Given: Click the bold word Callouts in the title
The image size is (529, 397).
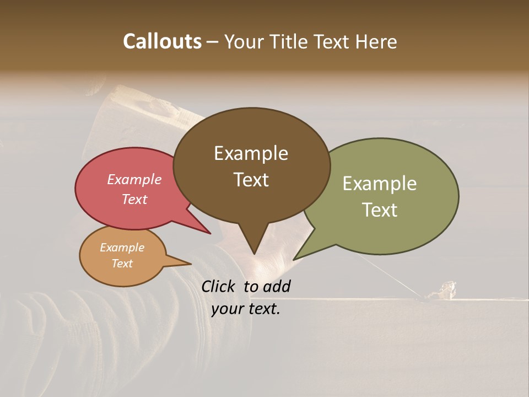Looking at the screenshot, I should (x=162, y=41).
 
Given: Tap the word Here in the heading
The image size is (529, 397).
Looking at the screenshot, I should (x=377, y=41).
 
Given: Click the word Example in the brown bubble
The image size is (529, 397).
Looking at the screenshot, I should (x=251, y=153).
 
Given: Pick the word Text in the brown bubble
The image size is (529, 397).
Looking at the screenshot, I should (x=251, y=179).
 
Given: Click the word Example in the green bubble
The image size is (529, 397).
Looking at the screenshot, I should (x=379, y=184).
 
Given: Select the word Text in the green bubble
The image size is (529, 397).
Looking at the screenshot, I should (x=379, y=210).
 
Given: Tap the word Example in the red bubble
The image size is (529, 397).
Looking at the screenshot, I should (x=134, y=179).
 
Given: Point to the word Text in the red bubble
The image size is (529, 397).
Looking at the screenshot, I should (x=134, y=199).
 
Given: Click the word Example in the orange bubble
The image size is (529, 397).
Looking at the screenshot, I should (x=122, y=248).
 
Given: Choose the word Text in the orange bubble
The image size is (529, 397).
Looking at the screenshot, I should (x=122, y=264).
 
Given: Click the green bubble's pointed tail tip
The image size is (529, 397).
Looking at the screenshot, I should (x=294, y=259).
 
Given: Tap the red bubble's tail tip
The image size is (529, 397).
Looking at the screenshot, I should (x=210, y=233).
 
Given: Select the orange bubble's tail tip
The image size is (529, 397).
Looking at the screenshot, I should (x=191, y=264).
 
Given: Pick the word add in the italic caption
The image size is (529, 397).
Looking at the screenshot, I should (x=277, y=286).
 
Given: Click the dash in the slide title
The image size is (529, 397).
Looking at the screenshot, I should (x=213, y=42).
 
